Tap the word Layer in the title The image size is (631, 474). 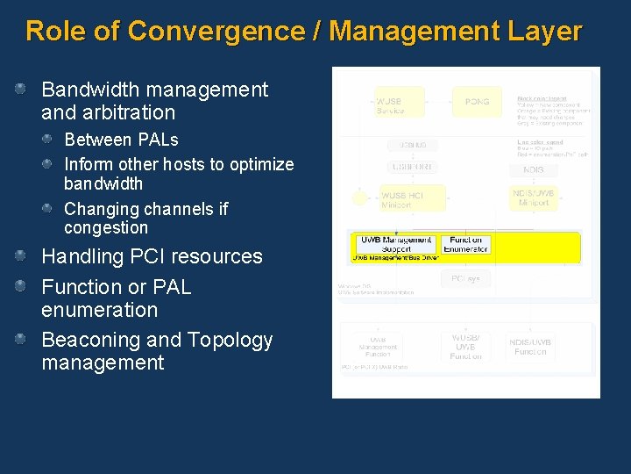(x=543, y=32)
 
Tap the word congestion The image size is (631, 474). (x=105, y=228)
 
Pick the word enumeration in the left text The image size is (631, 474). (x=99, y=310)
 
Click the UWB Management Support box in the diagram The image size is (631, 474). (x=396, y=244)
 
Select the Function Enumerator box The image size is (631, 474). (x=465, y=244)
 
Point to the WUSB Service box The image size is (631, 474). (x=391, y=102)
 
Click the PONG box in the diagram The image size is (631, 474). (x=477, y=102)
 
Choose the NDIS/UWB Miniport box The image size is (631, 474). (x=533, y=197)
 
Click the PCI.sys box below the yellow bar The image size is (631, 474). (x=465, y=279)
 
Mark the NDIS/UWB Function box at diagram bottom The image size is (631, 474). (x=531, y=346)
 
